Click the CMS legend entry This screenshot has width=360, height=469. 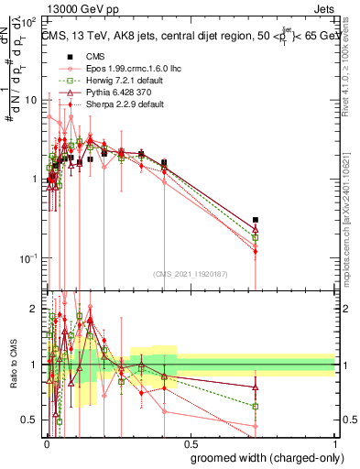coord(82,57)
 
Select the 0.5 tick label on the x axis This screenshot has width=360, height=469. coord(191,442)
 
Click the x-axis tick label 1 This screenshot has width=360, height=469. coord(335,442)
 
